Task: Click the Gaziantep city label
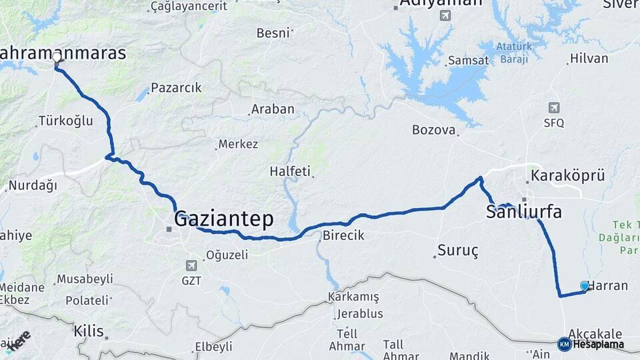click(223, 219)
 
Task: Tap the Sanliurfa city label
click(523, 213)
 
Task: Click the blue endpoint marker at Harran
click(585, 285)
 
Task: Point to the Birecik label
click(343, 235)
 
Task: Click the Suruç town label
click(458, 251)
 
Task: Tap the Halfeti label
click(290, 171)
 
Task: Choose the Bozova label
click(433, 130)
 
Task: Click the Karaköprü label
click(567, 176)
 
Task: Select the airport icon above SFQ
click(554, 107)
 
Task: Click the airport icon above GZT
click(192, 265)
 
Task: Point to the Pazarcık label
click(176, 88)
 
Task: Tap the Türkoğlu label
click(65, 121)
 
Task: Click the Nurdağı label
click(33, 185)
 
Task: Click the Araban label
click(273, 109)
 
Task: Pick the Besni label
click(273, 33)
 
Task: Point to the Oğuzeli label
click(227, 255)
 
